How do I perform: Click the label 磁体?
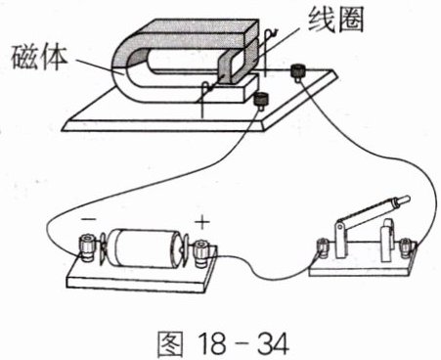(x=39, y=58)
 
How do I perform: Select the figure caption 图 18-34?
(x=223, y=343)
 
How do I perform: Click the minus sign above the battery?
(x=89, y=219)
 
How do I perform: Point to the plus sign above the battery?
(x=202, y=222)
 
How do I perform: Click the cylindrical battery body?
(x=144, y=248)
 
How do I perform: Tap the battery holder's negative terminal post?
(x=87, y=249)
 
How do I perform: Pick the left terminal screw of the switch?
(x=323, y=247)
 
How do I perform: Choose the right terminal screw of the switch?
(x=405, y=247)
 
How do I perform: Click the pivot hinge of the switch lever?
(x=340, y=226)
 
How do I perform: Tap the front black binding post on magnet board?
(x=261, y=100)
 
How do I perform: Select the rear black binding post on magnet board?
(x=297, y=71)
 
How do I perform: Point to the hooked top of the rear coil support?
(x=271, y=32)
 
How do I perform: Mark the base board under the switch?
(x=363, y=266)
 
